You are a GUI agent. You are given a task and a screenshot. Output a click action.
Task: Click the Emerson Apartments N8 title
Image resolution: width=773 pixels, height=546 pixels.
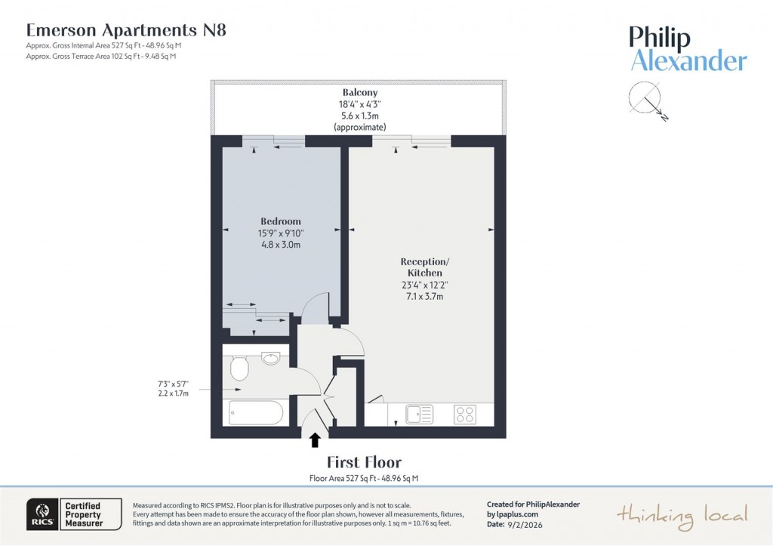pos(126,30)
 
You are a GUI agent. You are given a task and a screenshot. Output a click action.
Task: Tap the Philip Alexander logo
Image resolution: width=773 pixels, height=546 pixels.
pos(688,49)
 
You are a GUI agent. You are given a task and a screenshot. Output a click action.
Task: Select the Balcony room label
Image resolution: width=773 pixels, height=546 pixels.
pos(359,92)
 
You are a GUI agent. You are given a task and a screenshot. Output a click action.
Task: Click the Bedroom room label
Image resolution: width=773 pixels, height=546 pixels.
pos(280,221)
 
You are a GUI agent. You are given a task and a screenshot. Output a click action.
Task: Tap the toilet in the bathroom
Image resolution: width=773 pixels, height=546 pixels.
pos(239,369)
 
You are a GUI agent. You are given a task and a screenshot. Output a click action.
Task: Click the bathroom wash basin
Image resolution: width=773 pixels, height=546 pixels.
pos(271,358)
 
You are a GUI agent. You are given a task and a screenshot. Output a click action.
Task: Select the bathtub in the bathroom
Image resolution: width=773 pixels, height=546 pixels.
pos(256,413)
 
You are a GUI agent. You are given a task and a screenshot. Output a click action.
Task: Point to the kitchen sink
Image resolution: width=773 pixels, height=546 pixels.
pos(419,414)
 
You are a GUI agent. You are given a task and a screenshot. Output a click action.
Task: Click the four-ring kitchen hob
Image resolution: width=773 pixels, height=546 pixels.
pos(464,414)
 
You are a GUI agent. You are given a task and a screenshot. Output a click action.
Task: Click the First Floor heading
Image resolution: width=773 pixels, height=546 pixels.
pos(364,462)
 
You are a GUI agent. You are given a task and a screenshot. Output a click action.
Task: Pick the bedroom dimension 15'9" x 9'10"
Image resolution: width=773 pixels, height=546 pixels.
pos(280,233)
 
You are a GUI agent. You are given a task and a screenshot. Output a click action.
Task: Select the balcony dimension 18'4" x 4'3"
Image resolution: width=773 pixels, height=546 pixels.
pos(359,104)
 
